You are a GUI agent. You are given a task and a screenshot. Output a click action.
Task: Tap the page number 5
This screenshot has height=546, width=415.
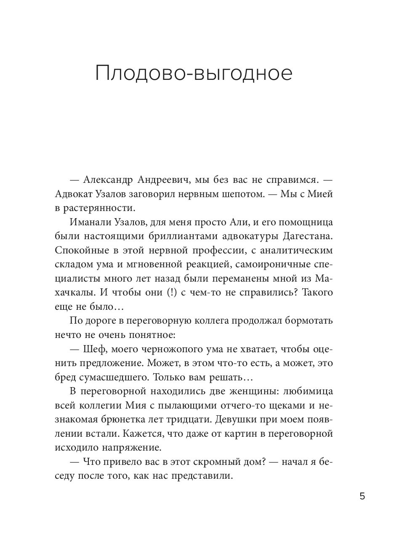[362, 496]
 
